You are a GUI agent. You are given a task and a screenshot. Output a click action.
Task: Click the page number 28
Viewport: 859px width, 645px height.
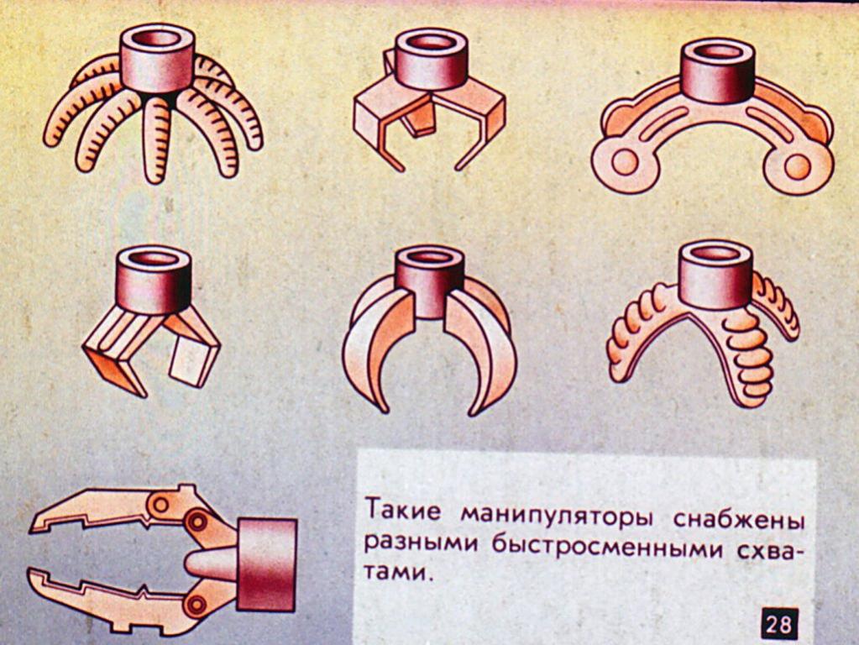point(778,624)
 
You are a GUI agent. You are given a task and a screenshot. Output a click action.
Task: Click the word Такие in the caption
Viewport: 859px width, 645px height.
point(403,510)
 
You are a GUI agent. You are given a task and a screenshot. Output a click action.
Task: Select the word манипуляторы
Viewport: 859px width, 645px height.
point(557,515)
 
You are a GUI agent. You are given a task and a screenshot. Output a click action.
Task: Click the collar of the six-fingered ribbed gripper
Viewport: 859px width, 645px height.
point(158,58)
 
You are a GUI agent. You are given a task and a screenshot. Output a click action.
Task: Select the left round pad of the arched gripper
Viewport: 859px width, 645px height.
point(624,163)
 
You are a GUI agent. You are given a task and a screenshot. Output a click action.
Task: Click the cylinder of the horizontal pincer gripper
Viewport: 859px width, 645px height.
point(267,564)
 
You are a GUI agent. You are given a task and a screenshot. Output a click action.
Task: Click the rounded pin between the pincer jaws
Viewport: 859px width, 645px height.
point(211,564)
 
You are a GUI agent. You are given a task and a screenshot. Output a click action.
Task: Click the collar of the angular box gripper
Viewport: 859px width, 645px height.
point(431,59)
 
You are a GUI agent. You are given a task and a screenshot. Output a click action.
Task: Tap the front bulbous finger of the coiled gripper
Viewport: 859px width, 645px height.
point(747,356)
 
